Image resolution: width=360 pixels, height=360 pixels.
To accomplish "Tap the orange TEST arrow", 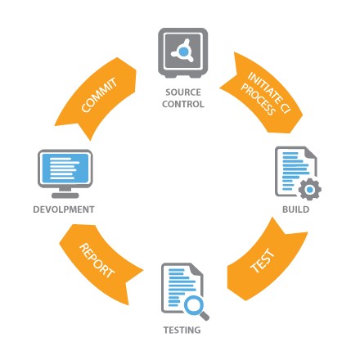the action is pos(264,262).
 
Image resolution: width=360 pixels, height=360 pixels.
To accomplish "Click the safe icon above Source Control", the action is pos(183,53).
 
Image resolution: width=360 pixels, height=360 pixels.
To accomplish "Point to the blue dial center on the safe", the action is pos(184,51).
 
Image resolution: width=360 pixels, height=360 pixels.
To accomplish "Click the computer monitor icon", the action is pos(65,173).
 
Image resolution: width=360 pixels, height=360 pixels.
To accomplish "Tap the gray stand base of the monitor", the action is pos(65,196).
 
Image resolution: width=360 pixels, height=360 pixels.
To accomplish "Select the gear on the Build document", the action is pos(310,189).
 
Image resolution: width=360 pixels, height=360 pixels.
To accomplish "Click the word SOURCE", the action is pos(183,92).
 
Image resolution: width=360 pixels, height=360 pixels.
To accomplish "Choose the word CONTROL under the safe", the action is pos(183,104).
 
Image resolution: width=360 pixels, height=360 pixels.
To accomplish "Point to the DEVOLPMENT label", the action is pos(64,209).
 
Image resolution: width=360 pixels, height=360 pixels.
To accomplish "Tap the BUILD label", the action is pos(295,209).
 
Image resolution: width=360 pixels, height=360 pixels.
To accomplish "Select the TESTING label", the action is pos(182,330).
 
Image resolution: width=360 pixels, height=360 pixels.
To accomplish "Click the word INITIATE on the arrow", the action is pos(269,92).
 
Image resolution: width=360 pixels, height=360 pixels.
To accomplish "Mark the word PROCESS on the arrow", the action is pos(258,100).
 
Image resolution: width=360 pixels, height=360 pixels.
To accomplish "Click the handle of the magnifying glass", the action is pos(205,316).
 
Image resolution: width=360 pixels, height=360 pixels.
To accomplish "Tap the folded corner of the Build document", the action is pos(311,153).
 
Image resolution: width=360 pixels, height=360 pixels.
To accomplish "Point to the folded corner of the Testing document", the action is pos(197,269).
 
